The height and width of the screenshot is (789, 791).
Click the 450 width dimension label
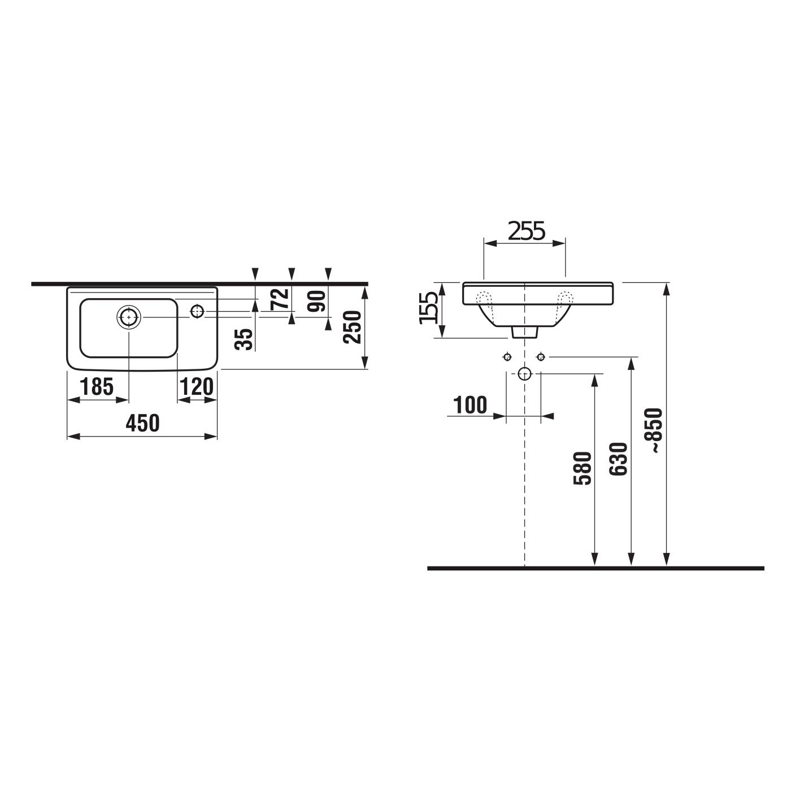click(x=142, y=423)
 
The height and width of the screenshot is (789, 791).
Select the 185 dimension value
click(x=97, y=387)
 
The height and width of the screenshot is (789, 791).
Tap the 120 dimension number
click(x=197, y=387)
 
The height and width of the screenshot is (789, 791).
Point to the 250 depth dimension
click(x=353, y=326)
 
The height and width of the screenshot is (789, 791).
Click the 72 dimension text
click(x=280, y=299)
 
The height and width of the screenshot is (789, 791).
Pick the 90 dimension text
click(x=318, y=301)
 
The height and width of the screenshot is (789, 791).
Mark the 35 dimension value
click(x=245, y=339)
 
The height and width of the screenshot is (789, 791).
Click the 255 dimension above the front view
click(x=526, y=231)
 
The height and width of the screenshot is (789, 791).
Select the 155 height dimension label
click(x=429, y=308)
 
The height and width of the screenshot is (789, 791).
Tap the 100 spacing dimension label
click(x=470, y=405)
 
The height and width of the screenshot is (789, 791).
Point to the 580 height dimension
click(x=583, y=468)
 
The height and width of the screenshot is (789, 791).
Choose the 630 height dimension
click(x=619, y=459)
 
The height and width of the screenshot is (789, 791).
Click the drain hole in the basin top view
click(x=129, y=317)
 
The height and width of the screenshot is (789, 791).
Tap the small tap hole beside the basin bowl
click(x=197, y=311)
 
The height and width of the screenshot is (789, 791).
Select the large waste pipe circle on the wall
click(x=525, y=373)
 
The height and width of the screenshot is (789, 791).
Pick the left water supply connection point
click(x=507, y=356)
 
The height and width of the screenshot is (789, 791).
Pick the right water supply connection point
click(x=541, y=356)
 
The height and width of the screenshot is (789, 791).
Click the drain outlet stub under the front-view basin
click(x=525, y=333)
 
